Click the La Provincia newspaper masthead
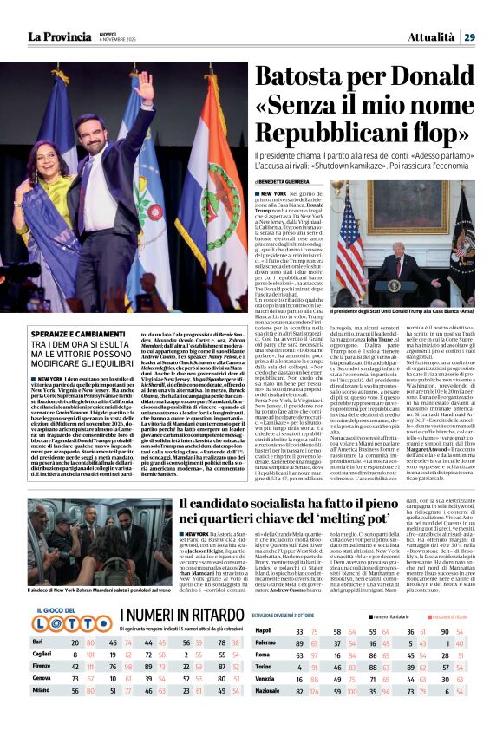point(58,36)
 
